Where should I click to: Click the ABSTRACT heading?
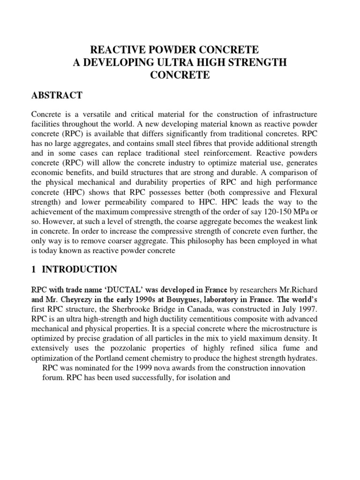(57, 95)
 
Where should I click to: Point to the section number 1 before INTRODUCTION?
(34, 269)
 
